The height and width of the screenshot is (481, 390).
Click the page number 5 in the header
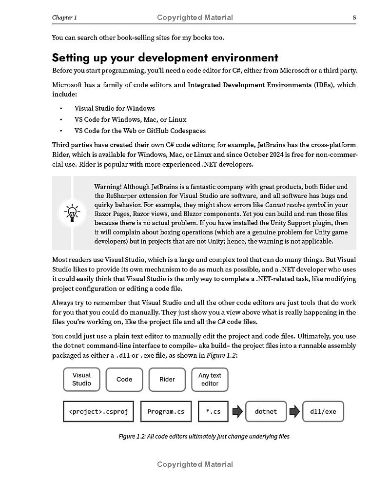(x=354, y=18)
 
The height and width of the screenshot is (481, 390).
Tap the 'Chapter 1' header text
(x=64, y=18)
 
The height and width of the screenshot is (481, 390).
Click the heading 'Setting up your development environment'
(x=165, y=58)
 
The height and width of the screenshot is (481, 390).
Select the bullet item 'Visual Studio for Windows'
(x=114, y=108)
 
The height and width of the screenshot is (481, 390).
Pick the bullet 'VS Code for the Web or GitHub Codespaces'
(x=140, y=131)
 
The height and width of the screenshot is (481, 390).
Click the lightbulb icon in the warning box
(x=72, y=213)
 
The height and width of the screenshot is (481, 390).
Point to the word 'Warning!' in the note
(x=107, y=187)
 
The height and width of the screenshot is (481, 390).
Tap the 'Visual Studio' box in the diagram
(x=81, y=379)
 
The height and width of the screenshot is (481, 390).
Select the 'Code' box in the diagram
(x=124, y=379)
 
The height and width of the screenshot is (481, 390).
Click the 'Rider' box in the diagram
(x=167, y=379)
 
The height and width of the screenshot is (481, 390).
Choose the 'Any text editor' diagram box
(x=210, y=379)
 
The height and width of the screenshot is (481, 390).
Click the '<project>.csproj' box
(x=98, y=411)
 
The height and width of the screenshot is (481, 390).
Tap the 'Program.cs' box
(x=166, y=411)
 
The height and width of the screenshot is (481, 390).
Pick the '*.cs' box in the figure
(x=213, y=411)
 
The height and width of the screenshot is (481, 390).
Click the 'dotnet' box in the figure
(x=266, y=411)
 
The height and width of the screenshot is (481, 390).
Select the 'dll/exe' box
(x=323, y=411)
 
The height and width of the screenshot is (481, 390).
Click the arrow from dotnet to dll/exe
(x=294, y=411)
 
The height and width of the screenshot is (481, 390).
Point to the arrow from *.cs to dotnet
(x=237, y=411)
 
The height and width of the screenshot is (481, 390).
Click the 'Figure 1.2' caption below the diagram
(x=204, y=436)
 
